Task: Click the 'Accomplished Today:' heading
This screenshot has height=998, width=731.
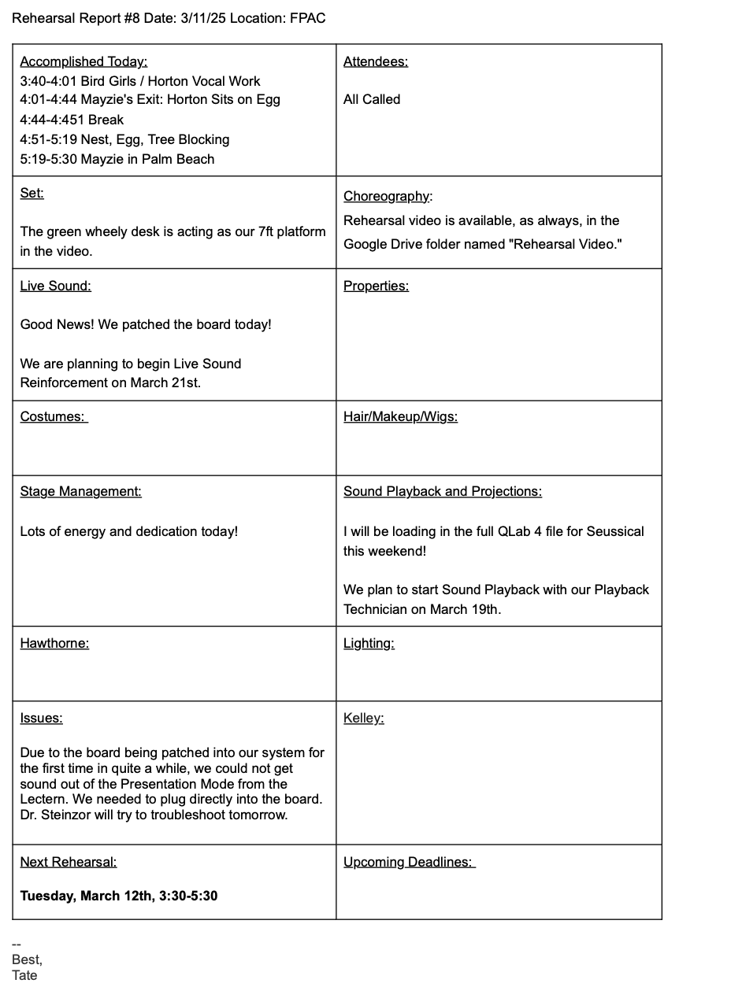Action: (x=83, y=61)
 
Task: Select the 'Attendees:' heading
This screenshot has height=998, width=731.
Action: (x=376, y=61)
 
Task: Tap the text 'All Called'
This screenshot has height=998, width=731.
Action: (x=372, y=99)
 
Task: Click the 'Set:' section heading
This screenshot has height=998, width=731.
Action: (x=32, y=193)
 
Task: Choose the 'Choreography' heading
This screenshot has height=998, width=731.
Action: (x=387, y=196)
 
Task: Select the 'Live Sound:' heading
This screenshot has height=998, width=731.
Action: (x=56, y=286)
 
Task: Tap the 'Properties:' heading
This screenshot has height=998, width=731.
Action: (x=376, y=286)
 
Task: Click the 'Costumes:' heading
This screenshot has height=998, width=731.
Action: (x=54, y=416)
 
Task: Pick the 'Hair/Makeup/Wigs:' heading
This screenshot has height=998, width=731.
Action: (x=400, y=416)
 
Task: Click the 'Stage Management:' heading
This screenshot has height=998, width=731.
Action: (x=81, y=491)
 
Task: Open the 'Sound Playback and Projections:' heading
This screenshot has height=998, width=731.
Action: (x=443, y=491)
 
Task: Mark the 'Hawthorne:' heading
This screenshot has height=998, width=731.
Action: (x=54, y=643)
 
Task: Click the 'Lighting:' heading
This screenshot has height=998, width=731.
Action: (x=369, y=643)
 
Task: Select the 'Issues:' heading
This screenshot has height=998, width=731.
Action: (x=41, y=718)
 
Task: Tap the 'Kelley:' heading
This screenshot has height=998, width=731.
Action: (x=363, y=718)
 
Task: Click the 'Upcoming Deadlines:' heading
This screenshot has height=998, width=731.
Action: (x=409, y=862)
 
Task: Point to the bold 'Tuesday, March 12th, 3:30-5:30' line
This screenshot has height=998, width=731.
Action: (x=119, y=896)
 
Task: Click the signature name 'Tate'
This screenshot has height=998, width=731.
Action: (x=24, y=975)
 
